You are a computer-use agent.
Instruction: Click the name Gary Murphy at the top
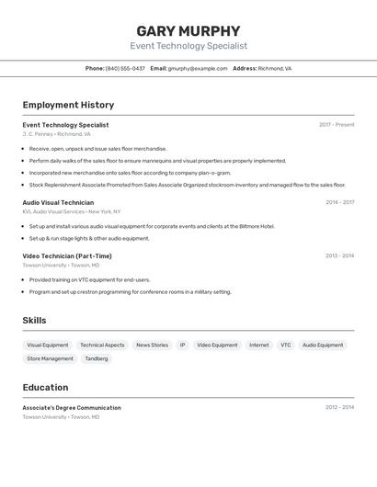(x=188, y=30)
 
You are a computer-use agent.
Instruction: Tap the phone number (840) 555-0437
(x=125, y=68)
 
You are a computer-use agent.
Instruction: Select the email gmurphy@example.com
(x=198, y=68)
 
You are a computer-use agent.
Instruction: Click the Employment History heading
(x=68, y=105)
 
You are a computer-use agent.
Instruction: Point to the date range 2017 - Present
(x=337, y=125)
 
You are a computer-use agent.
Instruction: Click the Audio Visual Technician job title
(x=58, y=202)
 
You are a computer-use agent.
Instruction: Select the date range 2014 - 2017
(x=339, y=202)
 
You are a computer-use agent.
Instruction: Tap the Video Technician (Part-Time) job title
(x=67, y=255)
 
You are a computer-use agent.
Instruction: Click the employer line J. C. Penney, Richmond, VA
(x=57, y=134)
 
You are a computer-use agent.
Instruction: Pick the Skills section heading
(x=34, y=321)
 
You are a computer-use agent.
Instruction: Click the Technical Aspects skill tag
(x=102, y=345)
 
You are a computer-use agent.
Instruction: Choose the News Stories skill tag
(x=153, y=345)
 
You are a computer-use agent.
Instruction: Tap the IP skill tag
(x=182, y=345)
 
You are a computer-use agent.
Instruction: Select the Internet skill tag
(x=259, y=345)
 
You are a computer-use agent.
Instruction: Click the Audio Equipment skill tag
(x=323, y=345)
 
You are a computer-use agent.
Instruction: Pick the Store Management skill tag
(x=50, y=358)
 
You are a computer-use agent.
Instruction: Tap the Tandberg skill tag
(x=97, y=358)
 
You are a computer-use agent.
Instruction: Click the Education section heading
(x=45, y=387)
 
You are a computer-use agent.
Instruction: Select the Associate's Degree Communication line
(x=72, y=407)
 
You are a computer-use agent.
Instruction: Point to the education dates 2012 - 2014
(x=339, y=407)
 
